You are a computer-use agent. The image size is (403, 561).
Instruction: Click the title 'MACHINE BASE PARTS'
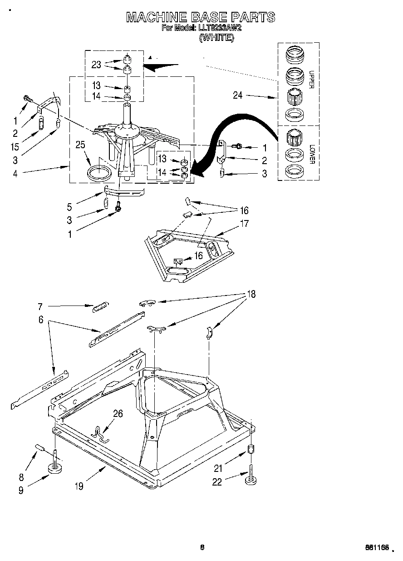point(200,17)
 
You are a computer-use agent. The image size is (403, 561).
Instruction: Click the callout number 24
point(237,95)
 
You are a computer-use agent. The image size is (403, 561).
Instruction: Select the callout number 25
point(80,145)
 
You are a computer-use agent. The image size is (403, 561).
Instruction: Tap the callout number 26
point(118,413)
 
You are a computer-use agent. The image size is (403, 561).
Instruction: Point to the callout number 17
point(244,223)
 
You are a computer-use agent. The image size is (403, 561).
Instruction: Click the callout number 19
point(79,486)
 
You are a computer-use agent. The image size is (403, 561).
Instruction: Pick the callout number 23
point(96,65)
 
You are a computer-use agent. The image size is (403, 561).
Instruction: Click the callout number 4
point(15,173)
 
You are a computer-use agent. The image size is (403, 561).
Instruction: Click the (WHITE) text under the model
point(216,38)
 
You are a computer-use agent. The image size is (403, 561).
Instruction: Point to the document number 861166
point(377,548)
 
